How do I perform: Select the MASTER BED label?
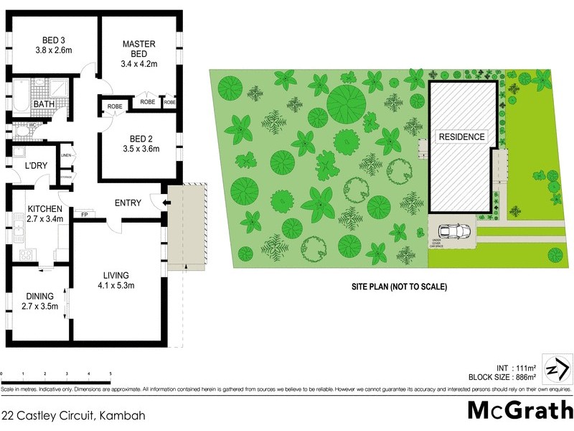[138, 44]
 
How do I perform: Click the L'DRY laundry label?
[36, 166]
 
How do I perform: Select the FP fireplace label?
[84, 215]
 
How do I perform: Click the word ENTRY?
[128, 203]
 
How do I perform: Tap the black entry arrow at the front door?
[165, 203]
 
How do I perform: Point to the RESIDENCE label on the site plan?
[461, 137]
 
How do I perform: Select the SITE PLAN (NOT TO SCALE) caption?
[399, 287]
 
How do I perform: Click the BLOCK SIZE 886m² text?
[499, 376]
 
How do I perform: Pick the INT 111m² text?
[514, 366]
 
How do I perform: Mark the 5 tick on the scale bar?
[110, 374]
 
